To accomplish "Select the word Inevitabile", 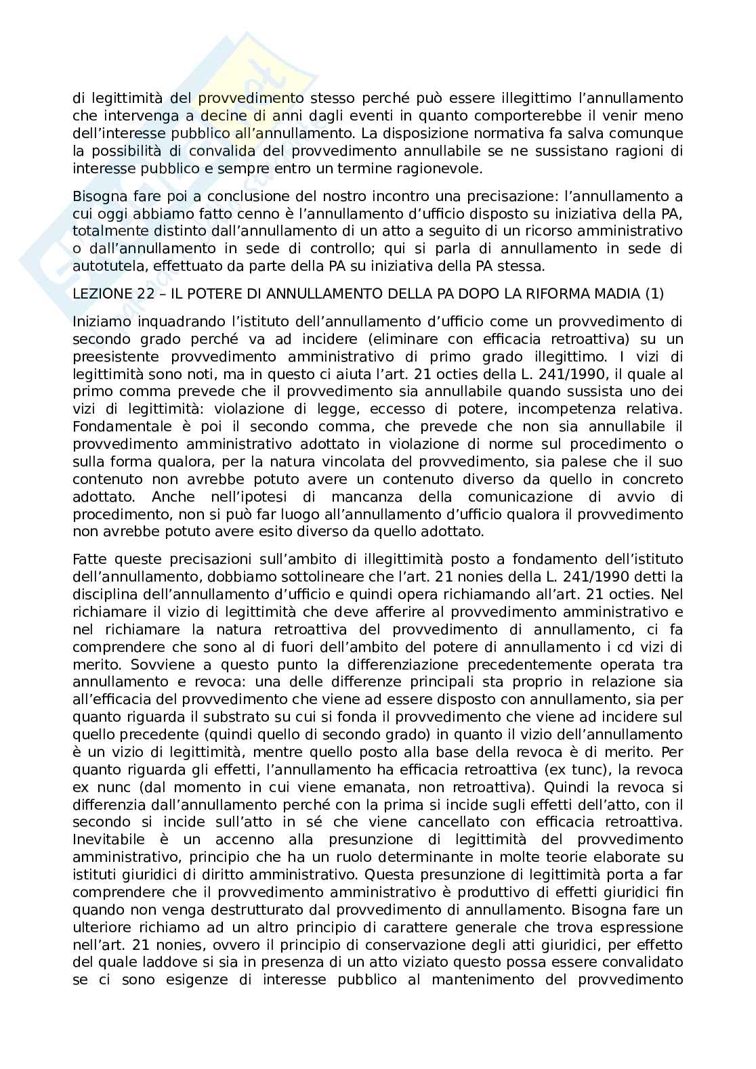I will tap(105, 840).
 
